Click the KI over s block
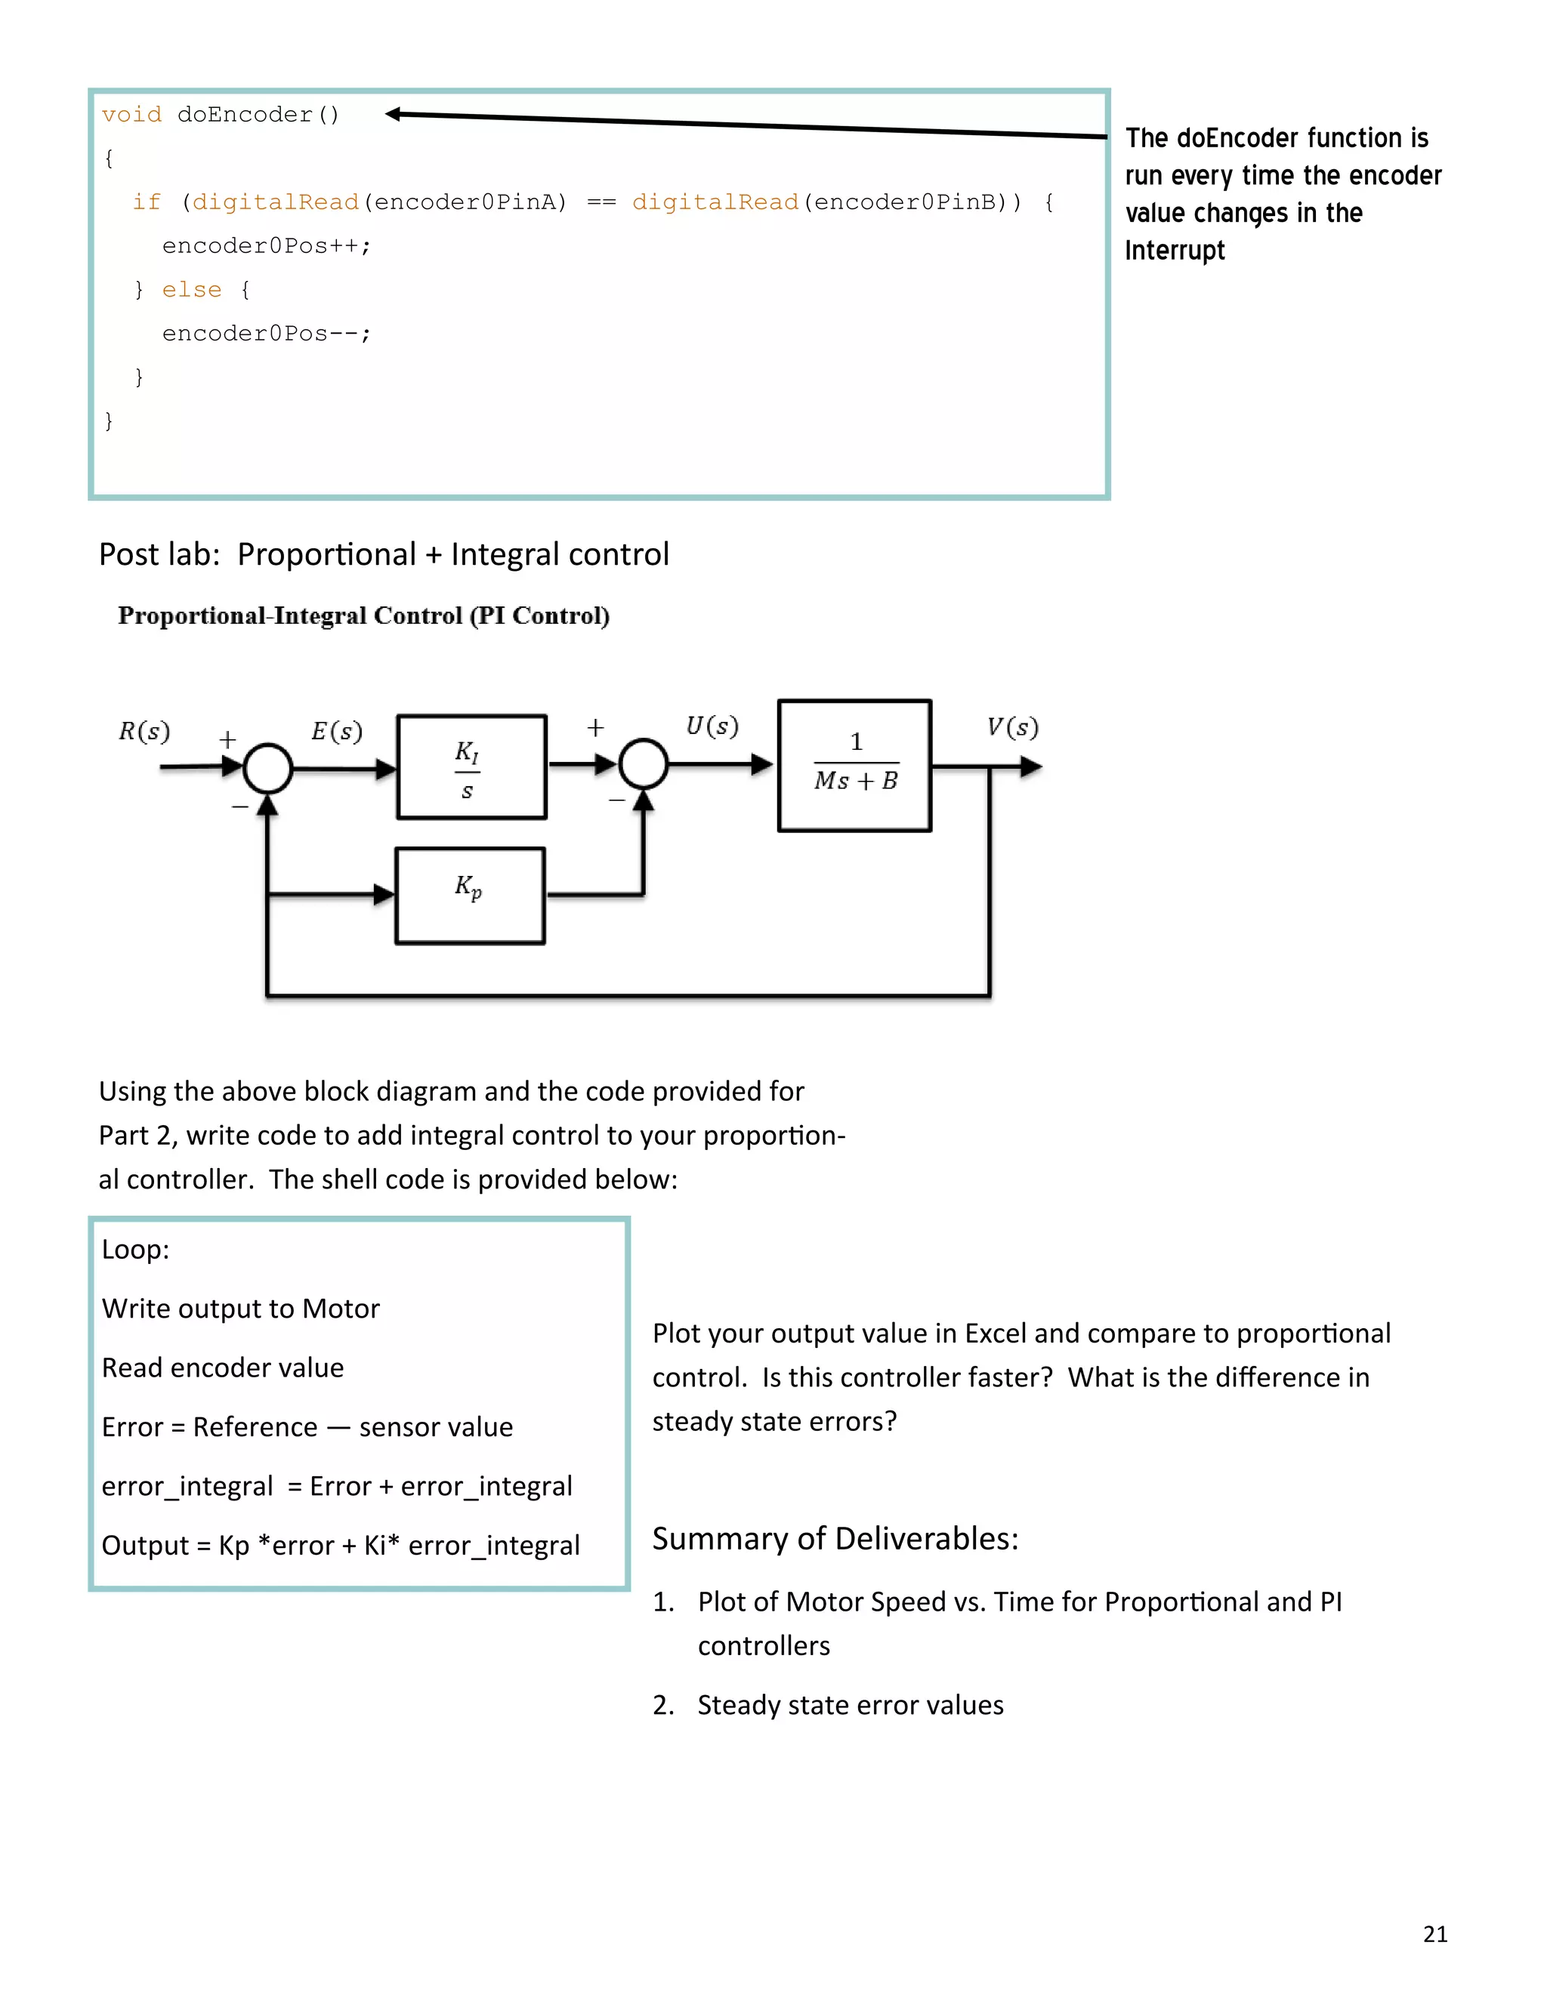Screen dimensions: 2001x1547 tap(471, 767)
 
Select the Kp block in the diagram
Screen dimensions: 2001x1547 tap(469, 895)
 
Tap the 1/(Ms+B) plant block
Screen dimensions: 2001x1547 tap(854, 766)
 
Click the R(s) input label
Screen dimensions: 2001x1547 tap(144, 731)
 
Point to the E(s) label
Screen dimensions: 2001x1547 tap(336, 731)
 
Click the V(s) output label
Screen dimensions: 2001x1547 tap(1011, 727)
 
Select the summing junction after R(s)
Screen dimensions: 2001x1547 tap(267, 768)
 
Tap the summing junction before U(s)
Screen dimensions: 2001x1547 tap(644, 764)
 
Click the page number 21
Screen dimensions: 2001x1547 tap(1435, 1934)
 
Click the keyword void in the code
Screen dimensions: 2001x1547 tap(131, 115)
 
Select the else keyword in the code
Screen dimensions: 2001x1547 tap(192, 289)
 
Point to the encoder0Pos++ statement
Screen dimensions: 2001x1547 tap(266, 246)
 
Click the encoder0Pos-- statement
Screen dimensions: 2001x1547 tap(266, 334)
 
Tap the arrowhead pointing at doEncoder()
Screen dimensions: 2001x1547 tap(394, 113)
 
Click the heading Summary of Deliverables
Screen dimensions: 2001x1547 tap(835, 1538)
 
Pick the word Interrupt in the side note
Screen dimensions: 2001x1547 tap(1174, 250)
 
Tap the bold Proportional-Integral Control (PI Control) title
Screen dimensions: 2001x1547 tap(364, 615)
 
